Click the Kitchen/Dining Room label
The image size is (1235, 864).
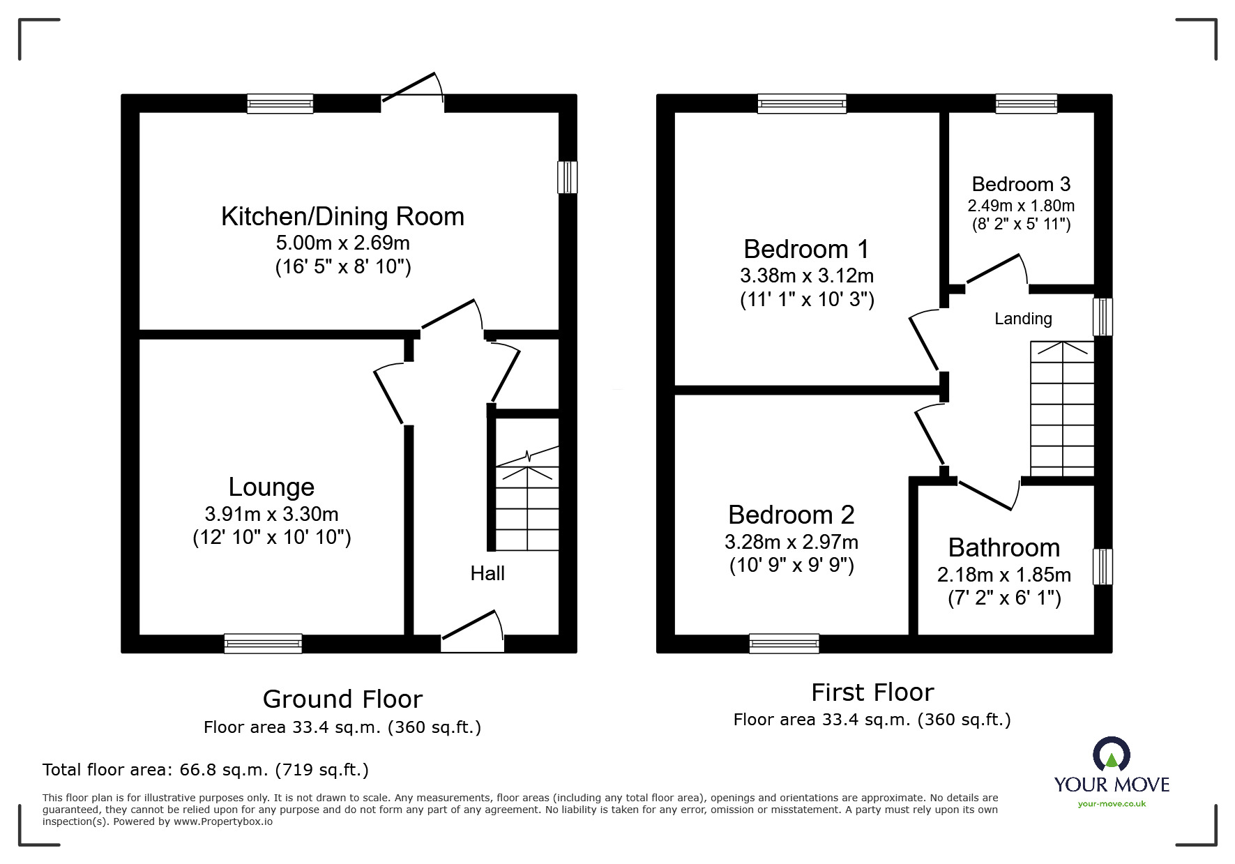[x=342, y=217]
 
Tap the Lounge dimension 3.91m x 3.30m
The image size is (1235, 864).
[x=271, y=515]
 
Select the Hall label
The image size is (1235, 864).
[x=487, y=573]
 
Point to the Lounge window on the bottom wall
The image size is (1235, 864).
[x=263, y=643]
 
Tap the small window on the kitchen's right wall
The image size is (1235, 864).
[x=567, y=177]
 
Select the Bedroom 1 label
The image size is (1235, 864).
[x=806, y=249]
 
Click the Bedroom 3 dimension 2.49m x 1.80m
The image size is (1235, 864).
[x=1020, y=206]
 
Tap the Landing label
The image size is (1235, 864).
[x=1022, y=319]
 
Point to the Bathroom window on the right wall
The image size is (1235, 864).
[x=1102, y=566]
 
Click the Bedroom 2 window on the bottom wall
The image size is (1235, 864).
[x=784, y=643]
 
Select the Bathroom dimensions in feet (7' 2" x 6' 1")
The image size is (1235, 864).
[x=1004, y=598]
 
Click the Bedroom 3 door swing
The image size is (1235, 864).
[x=996, y=271]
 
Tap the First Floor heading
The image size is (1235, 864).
[x=872, y=692]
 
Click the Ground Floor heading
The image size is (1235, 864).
[x=342, y=699]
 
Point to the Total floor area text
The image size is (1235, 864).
[x=206, y=770]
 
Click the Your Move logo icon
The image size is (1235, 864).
[x=1111, y=754]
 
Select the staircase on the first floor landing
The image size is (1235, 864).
[x=1061, y=409]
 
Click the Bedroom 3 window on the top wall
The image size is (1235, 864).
[x=1026, y=104]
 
